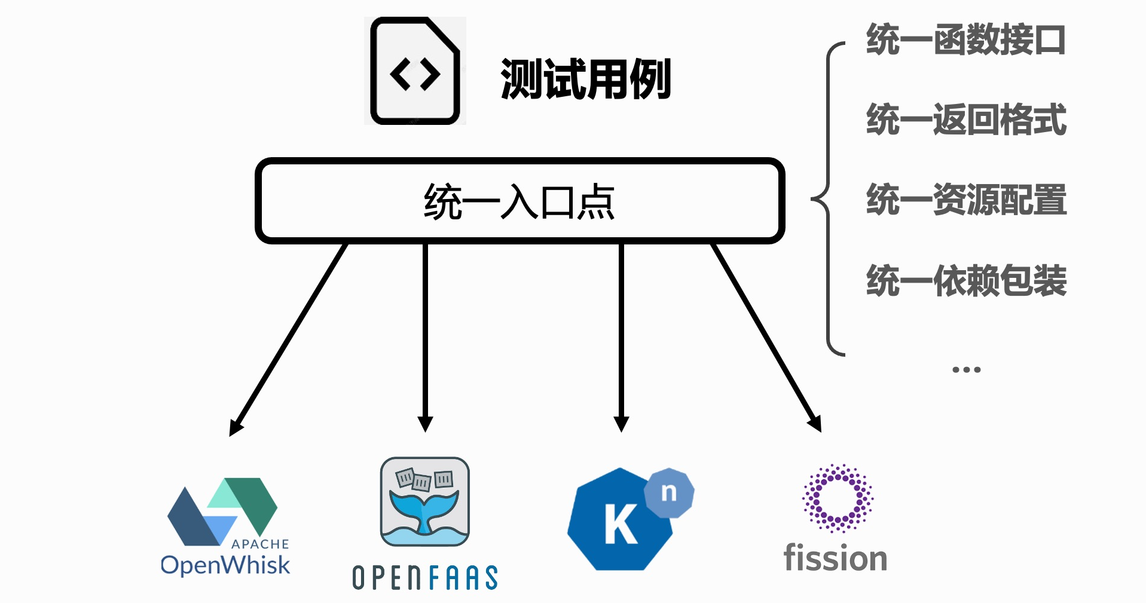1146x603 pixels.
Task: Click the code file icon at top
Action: coord(415,71)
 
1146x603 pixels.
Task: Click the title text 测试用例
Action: coord(586,79)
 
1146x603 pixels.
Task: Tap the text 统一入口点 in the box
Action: coord(519,202)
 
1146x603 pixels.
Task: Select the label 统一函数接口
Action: coord(966,40)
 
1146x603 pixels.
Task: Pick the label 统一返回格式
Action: coord(966,120)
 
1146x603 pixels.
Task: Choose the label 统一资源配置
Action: coord(966,200)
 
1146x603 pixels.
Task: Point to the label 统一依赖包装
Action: coord(966,280)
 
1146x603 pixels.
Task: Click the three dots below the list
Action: coord(966,370)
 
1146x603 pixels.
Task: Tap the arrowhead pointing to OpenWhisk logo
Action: coord(237,427)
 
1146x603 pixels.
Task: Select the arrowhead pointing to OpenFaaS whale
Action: coord(425,423)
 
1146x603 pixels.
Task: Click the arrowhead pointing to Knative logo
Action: coord(621,423)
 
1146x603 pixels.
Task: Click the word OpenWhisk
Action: coord(225,565)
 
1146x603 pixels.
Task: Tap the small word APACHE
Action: coord(260,544)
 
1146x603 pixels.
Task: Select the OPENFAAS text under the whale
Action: coord(425,578)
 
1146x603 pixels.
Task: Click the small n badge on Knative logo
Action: coord(669,492)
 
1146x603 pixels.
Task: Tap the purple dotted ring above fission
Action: coord(838,498)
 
